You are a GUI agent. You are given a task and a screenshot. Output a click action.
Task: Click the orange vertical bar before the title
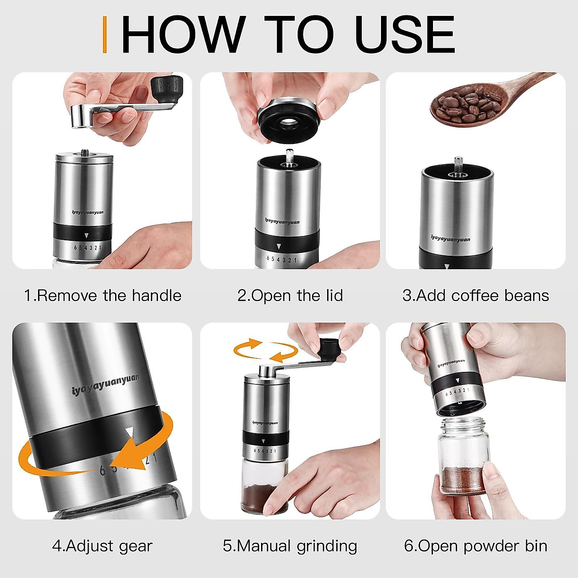pyautogui.click(x=105, y=34)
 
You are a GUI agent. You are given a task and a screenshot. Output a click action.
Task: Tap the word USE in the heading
pyautogui.click(x=405, y=35)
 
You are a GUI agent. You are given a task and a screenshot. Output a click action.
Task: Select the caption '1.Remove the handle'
pyautogui.click(x=103, y=295)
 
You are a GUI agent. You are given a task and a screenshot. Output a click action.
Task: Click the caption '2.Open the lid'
pyautogui.click(x=290, y=295)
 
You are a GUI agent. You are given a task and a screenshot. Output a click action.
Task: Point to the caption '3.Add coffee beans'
pyautogui.click(x=475, y=295)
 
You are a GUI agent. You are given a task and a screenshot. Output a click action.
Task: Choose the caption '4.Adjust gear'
pyautogui.click(x=102, y=546)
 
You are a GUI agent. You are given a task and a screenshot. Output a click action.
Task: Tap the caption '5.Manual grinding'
pyautogui.click(x=290, y=546)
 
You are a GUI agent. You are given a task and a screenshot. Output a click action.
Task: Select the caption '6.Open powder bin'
pyautogui.click(x=475, y=546)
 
